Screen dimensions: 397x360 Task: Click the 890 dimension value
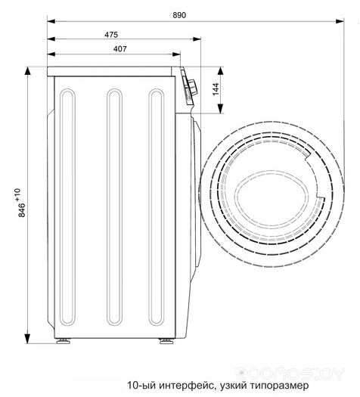[180, 15]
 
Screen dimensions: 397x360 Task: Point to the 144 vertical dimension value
[216, 89]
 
